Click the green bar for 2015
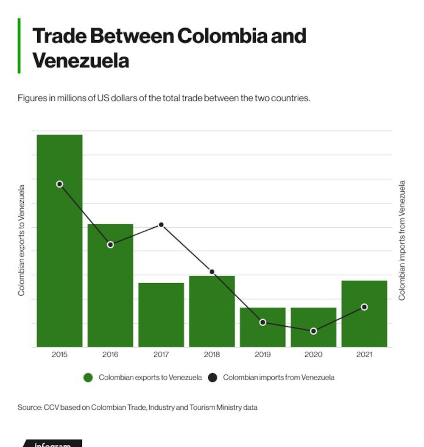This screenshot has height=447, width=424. tap(59, 241)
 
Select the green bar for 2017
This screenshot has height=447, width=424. tap(161, 315)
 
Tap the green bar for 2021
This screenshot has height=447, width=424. tap(364, 314)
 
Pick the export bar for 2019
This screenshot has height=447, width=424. tap(262, 327)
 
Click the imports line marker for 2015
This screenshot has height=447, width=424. tap(59, 184)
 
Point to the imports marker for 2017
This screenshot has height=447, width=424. tap(161, 225)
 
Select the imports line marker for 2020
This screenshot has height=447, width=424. tap(313, 331)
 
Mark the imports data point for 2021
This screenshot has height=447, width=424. tap(364, 307)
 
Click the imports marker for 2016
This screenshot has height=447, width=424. tap(110, 245)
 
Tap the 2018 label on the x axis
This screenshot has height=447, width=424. tap(212, 355)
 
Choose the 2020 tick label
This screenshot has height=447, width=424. tap(313, 355)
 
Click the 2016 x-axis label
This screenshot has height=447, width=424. tap(110, 355)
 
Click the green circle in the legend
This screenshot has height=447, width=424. tap(88, 378)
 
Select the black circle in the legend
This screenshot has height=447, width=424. tap(212, 378)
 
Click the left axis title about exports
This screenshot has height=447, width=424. tap(21, 240)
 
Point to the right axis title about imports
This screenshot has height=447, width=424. tap(402, 240)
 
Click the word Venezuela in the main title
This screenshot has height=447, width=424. tap(81, 61)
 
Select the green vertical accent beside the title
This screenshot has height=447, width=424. tap(19, 46)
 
